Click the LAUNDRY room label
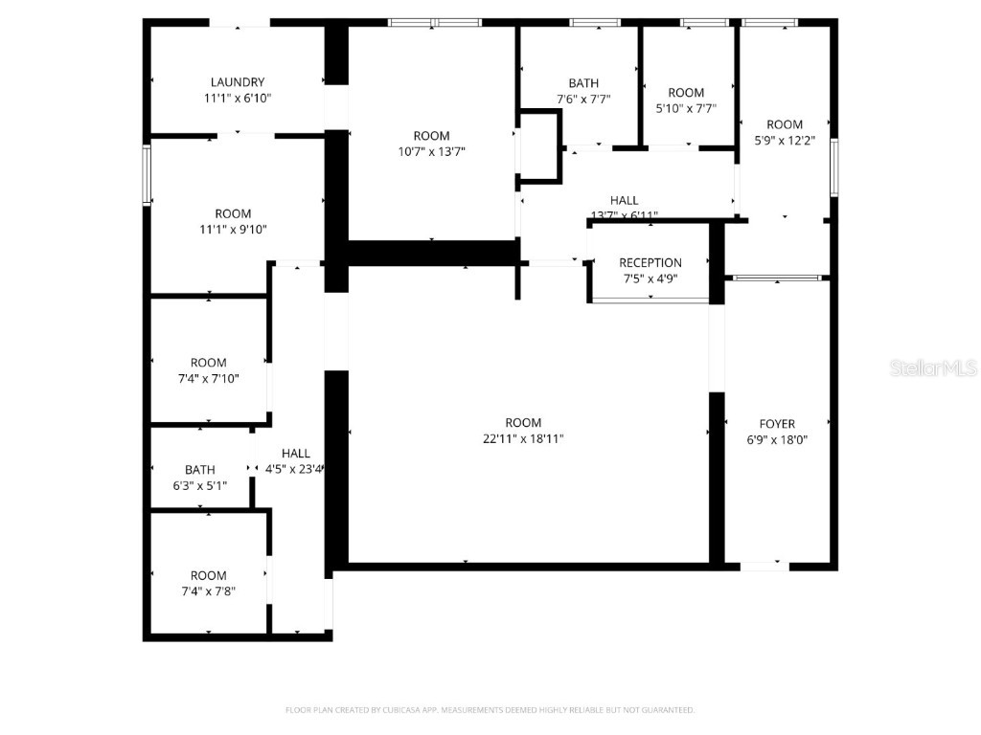(x=238, y=82)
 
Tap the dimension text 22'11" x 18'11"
(x=523, y=438)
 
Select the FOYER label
(x=777, y=424)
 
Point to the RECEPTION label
(x=650, y=263)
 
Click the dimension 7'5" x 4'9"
(x=650, y=279)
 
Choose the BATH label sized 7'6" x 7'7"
(x=583, y=83)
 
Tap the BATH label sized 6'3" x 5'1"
(x=200, y=470)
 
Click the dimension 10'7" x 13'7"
(x=431, y=151)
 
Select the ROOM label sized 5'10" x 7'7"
(x=686, y=93)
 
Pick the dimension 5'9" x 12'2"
(x=785, y=141)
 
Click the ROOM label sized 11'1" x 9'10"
(x=233, y=213)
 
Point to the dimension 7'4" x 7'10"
(x=209, y=378)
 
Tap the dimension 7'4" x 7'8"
(x=208, y=591)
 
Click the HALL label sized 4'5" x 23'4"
(x=296, y=453)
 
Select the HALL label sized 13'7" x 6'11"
(x=625, y=200)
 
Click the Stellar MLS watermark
(x=933, y=367)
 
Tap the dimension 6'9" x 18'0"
(x=777, y=439)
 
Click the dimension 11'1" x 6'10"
(x=238, y=98)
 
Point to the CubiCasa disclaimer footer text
(x=490, y=710)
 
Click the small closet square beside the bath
(x=538, y=145)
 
